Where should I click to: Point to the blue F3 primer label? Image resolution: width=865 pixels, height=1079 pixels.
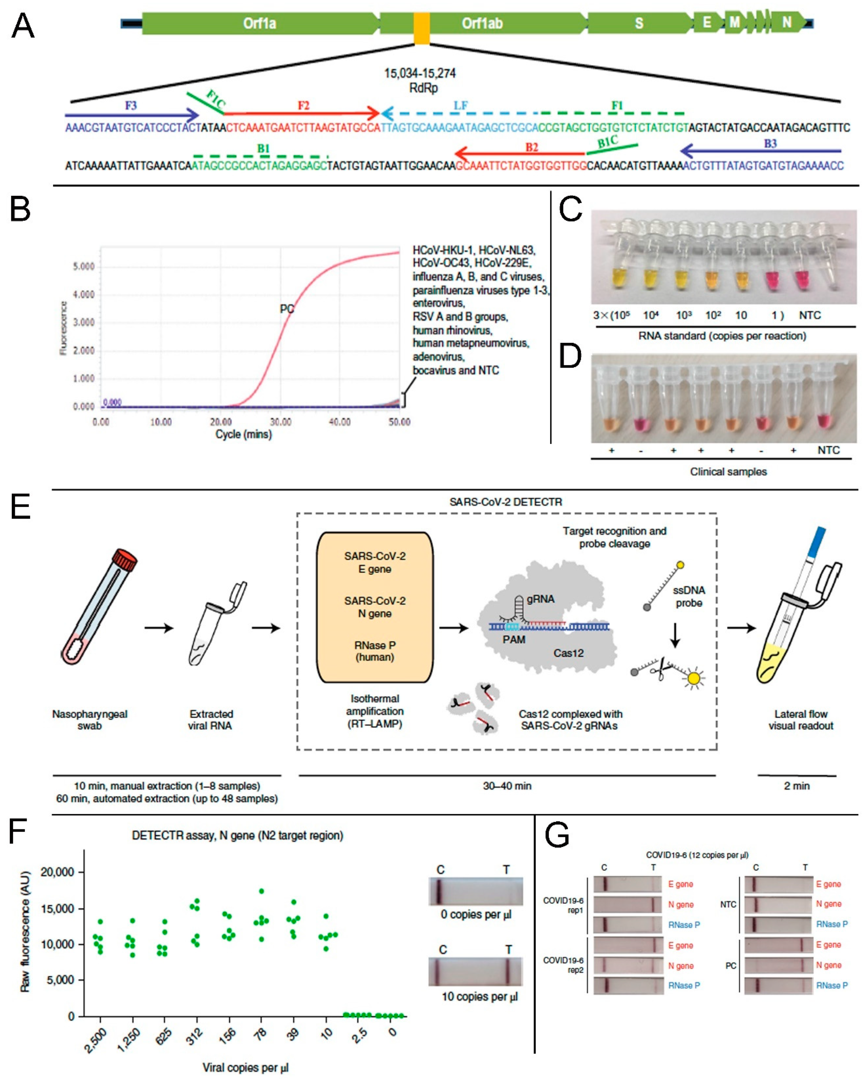coord(131,106)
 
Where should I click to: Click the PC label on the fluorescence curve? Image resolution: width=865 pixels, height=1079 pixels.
coord(287,309)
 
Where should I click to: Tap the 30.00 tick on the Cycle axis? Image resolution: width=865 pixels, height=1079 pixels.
coord(280,422)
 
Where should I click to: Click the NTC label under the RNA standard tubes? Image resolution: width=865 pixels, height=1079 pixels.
coord(809,315)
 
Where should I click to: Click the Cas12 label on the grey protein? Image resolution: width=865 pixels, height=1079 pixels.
coord(568,653)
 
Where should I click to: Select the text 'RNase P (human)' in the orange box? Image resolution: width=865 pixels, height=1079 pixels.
coord(375,651)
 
